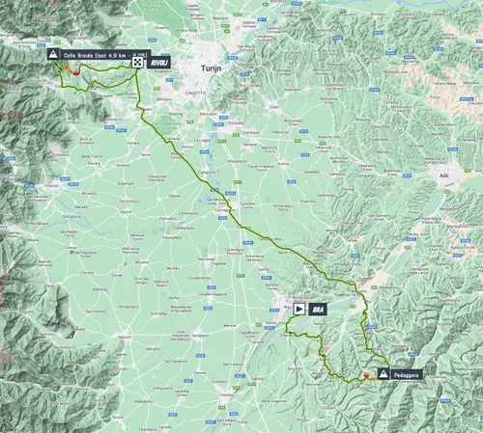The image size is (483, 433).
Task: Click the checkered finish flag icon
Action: tap(140, 61)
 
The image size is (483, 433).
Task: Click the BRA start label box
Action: tap(317, 310)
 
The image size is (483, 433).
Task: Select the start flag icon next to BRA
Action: tap(300, 310)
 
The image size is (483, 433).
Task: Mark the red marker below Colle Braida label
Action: tap(75, 72)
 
